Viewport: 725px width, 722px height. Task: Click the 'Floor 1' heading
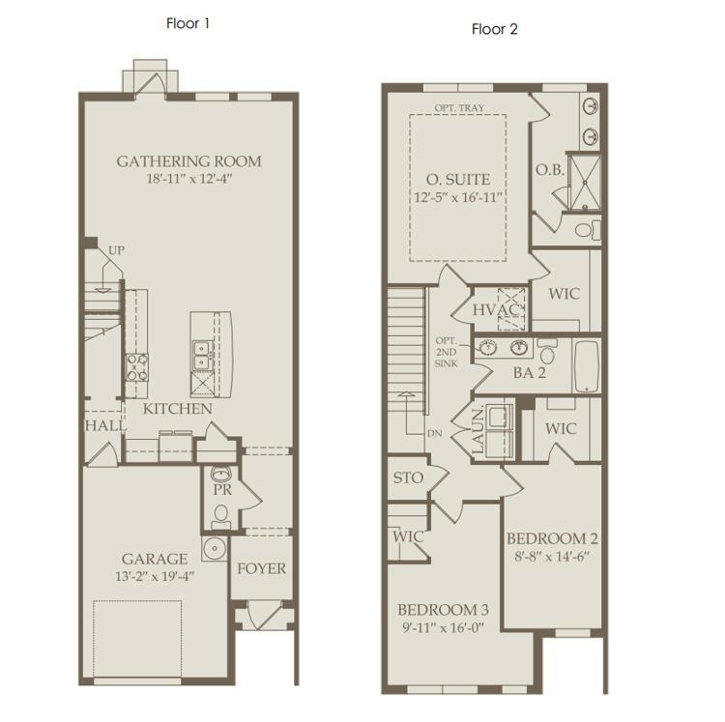tap(188, 23)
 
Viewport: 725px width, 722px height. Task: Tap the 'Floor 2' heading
tap(494, 30)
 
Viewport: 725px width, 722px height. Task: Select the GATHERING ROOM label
tap(188, 161)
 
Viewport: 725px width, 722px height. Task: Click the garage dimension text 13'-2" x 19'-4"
tap(155, 576)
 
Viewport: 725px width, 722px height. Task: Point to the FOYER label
tap(262, 568)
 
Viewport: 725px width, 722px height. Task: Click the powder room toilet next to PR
tap(221, 517)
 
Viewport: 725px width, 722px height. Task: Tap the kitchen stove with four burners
tap(137, 367)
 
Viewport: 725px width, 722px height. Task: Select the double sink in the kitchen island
tap(202, 356)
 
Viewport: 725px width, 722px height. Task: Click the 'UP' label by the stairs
tap(117, 250)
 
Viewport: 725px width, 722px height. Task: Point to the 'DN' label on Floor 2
tap(435, 434)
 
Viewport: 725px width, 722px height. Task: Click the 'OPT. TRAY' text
tap(459, 107)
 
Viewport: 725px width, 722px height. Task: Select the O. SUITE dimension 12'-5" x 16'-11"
tap(458, 197)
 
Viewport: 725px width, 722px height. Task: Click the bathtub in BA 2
tap(587, 366)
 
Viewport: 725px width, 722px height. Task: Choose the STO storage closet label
tap(408, 477)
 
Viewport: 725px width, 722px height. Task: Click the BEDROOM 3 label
tap(443, 610)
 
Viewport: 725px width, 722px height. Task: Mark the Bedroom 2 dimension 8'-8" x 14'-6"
tap(552, 556)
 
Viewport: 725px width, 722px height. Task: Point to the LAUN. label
tap(478, 429)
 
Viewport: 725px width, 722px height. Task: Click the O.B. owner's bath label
tap(550, 170)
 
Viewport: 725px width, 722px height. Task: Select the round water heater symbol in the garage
tap(215, 549)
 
